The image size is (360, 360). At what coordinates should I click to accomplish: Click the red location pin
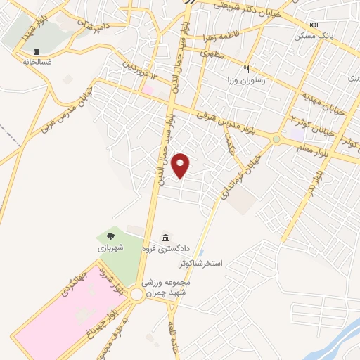pyautogui.click(x=181, y=165)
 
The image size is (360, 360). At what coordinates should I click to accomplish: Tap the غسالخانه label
pyautogui.click(x=36, y=61)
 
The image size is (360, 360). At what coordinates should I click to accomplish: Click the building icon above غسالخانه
pyautogui.click(x=36, y=51)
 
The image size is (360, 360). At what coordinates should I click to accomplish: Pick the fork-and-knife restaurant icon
pyautogui.click(x=246, y=70)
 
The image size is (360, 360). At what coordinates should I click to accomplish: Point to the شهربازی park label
pyautogui.click(x=110, y=247)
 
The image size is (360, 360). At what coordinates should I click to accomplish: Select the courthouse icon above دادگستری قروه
pyautogui.click(x=165, y=237)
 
